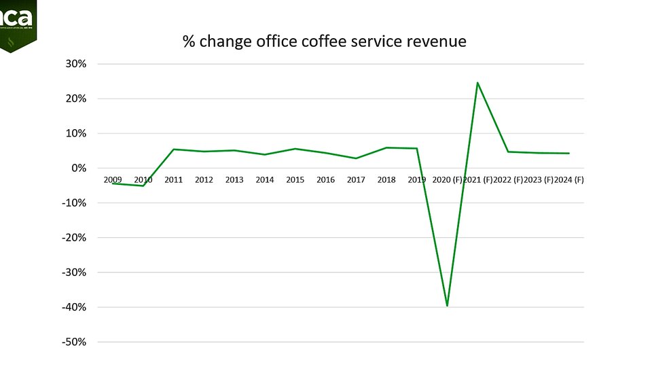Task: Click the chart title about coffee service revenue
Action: (325, 41)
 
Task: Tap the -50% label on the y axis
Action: (74, 342)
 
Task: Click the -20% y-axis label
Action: (74, 238)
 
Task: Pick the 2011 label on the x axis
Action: (174, 180)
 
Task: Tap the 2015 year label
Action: (295, 180)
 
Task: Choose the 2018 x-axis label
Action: (386, 180)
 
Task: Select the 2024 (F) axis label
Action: (569, 180)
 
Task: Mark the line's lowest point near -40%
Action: (447, 306)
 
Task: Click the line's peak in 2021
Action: (477, 83)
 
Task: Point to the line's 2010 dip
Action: (143, 186)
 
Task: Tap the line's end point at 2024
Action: (568, 154)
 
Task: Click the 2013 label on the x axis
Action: (234, 180)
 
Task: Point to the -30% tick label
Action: (74, 273)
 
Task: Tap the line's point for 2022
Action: (508, 152)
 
